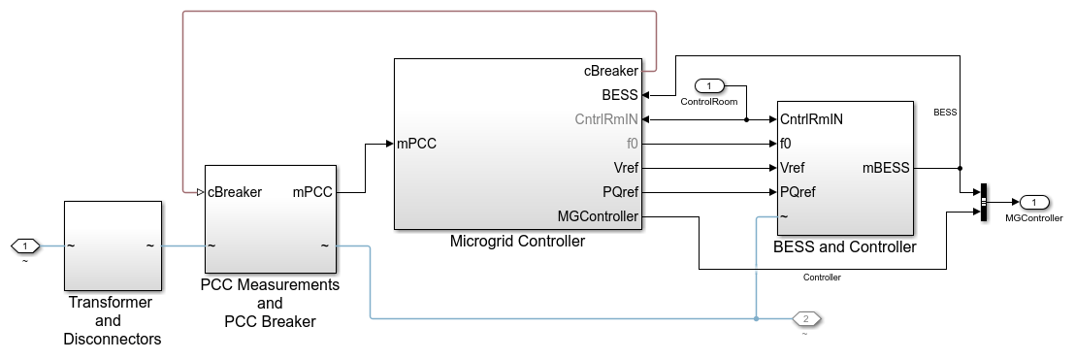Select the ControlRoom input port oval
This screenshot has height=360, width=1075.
pos(709,86)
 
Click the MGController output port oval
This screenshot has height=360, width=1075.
pos(1034,202)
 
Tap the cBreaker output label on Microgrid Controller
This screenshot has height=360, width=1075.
pos(610,71)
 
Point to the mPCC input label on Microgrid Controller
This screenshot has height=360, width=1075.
pos(416,144)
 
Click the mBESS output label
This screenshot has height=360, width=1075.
pos(886,167)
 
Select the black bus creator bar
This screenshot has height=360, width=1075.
pos(983,202)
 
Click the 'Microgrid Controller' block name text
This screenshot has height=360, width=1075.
pos(517,242)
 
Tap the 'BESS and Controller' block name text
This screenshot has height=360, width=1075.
pos(844,247)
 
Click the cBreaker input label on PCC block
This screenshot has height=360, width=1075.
pos(235,192)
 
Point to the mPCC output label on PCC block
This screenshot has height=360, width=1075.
pos(312,192)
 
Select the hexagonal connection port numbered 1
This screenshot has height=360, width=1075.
pos(25,245)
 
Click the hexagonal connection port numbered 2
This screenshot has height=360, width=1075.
pos(806,318)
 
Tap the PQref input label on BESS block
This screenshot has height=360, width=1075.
pos(798,191)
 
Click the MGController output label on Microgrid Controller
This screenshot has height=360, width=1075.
pos(598,216)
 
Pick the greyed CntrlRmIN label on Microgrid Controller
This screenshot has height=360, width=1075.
pos(604,119)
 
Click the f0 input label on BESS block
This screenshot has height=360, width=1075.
pos(787,144)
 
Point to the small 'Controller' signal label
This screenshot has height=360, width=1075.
pos(821,278)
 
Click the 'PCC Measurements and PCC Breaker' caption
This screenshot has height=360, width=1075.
pos(270,303)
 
